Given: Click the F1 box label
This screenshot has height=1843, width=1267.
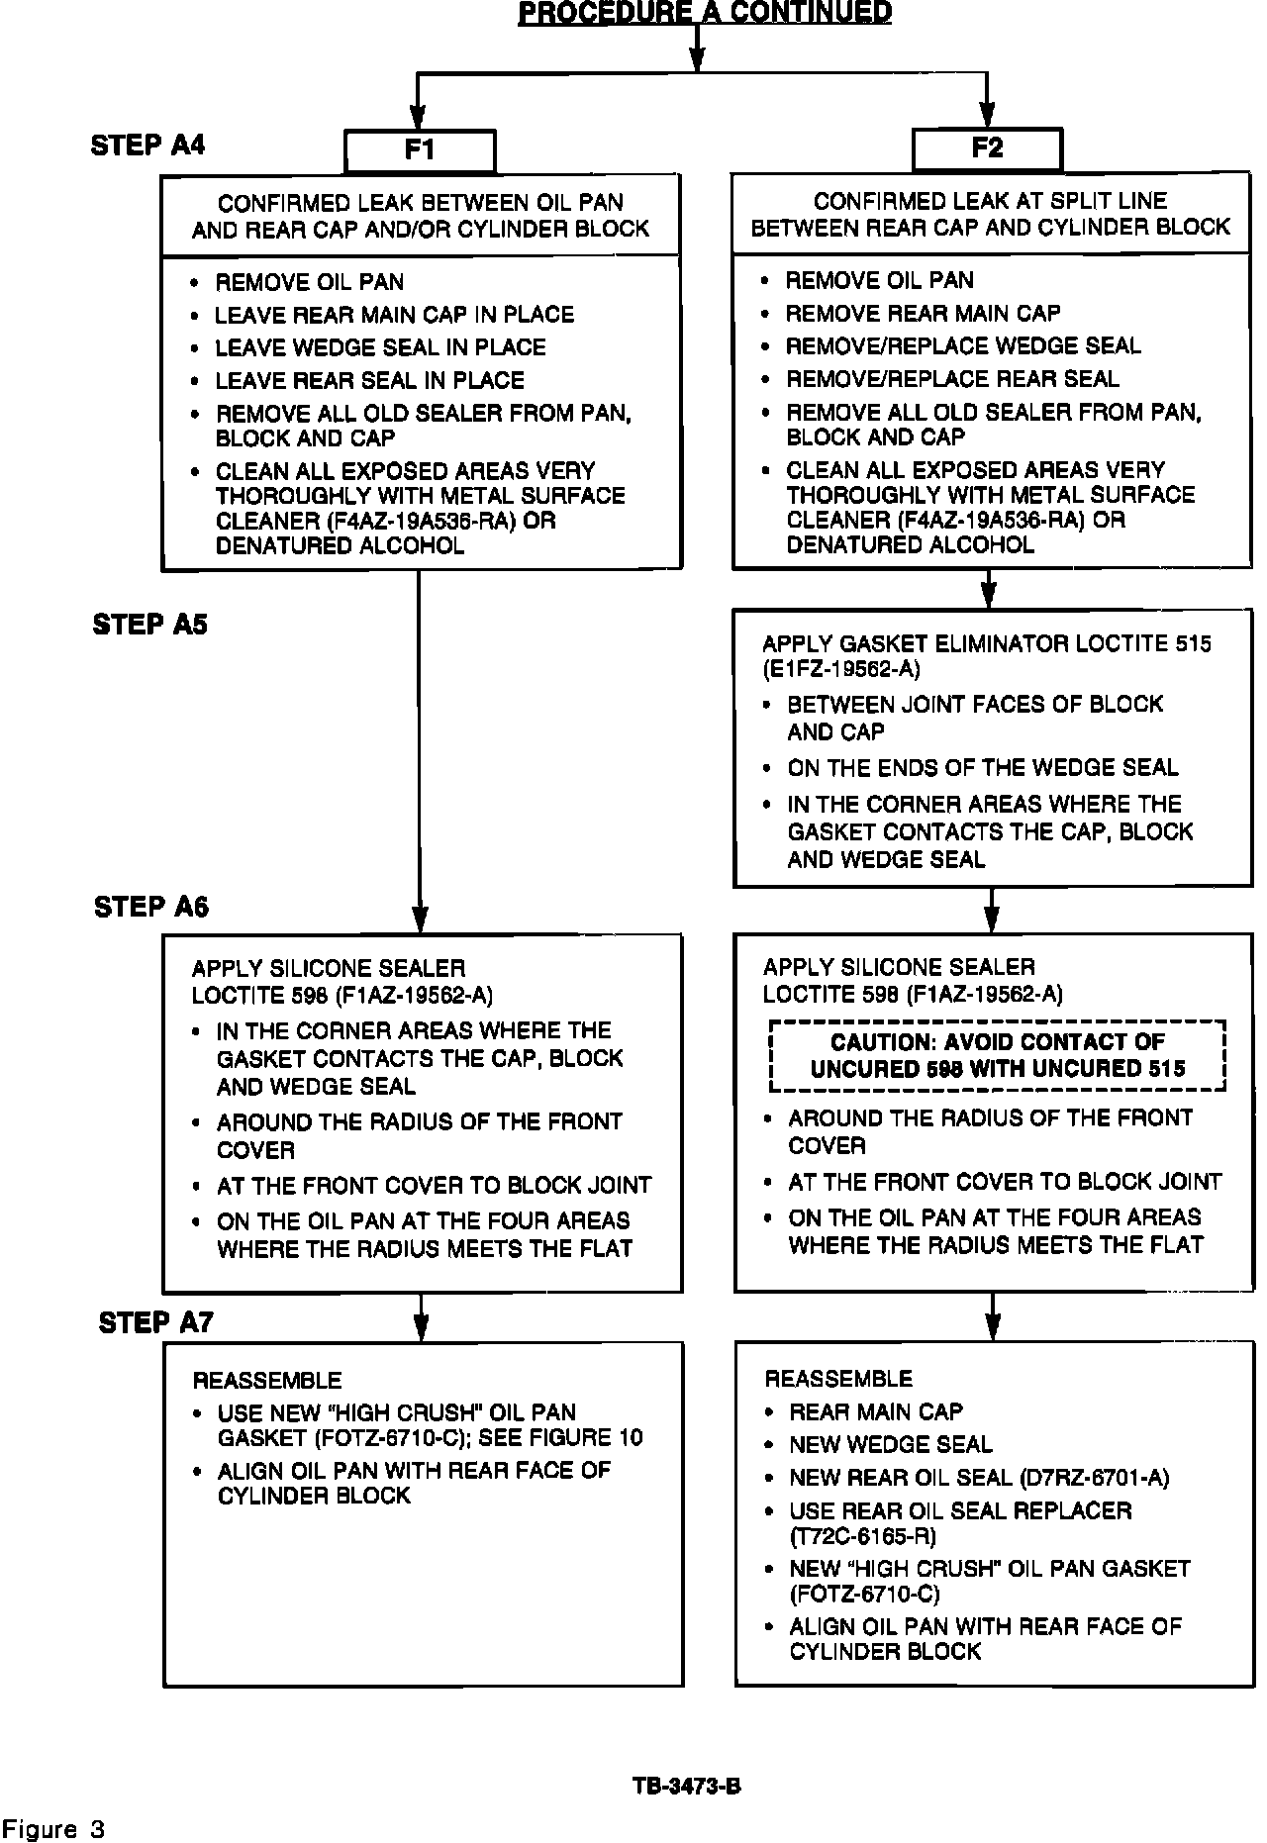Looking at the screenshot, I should coord(420,150).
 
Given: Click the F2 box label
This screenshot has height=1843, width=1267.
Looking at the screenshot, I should coord(987,148).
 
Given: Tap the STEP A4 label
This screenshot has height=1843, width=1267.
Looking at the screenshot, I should coord(148,145).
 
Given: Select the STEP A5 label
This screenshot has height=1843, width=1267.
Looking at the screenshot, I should coord(150,625).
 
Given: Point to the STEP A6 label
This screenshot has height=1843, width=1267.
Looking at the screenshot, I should coord(151,907).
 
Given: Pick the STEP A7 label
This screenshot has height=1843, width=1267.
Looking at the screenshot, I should coord(155,1322).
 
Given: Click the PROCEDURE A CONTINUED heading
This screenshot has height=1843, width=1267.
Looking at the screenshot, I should coord(705,13).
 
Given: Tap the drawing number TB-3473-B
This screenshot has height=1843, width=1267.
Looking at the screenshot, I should coord(687,1787).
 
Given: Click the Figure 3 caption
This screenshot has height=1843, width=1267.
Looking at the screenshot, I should coord(53,1828).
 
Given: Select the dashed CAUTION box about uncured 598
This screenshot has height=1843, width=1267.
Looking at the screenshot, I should coord(998,1055).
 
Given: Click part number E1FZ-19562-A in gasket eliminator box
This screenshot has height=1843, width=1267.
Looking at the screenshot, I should coord(841,670).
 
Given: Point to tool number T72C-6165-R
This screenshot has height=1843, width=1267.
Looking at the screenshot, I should coord(862,1536).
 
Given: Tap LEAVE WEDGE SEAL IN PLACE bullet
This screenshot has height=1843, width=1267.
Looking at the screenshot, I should coord(381,347).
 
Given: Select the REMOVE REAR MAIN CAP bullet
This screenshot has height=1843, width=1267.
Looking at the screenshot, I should coord(923,314).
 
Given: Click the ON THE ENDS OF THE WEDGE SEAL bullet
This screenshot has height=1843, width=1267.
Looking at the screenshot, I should coord(982,768).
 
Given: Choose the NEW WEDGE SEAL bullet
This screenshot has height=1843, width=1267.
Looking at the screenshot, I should coord(891,1444).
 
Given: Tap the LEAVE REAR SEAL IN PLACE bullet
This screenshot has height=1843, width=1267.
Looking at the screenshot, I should coord(370,380).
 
